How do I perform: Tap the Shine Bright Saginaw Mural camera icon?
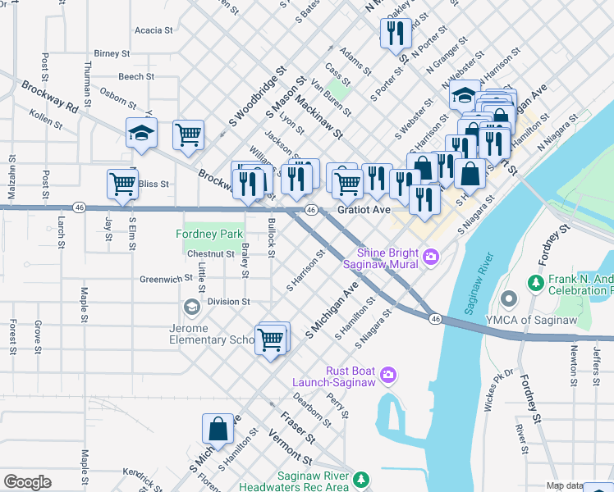[x=430, y=258]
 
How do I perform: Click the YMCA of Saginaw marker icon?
[x=510, y=297]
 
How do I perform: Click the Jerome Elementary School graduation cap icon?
[x=191, y=307]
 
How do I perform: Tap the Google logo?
[x=26, y=482]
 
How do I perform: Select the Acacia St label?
[x=153, y=30]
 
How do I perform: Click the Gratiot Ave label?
[x=364, y=210]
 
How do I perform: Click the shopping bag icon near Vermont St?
[x=218, y=428]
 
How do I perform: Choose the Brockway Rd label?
[x=49, y=96]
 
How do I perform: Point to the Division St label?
[x=228, y=302]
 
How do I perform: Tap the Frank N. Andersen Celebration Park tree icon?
[x=535, y=283]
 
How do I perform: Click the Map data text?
[x=566, y=485]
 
